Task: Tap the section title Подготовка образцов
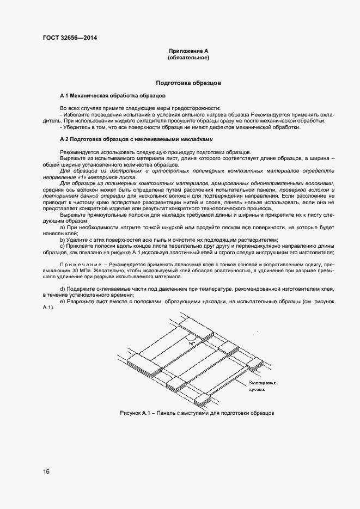click(188, 84)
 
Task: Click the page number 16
click(46, 471)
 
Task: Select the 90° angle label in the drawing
click(191, 344)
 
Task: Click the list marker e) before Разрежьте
click(63, 301)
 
